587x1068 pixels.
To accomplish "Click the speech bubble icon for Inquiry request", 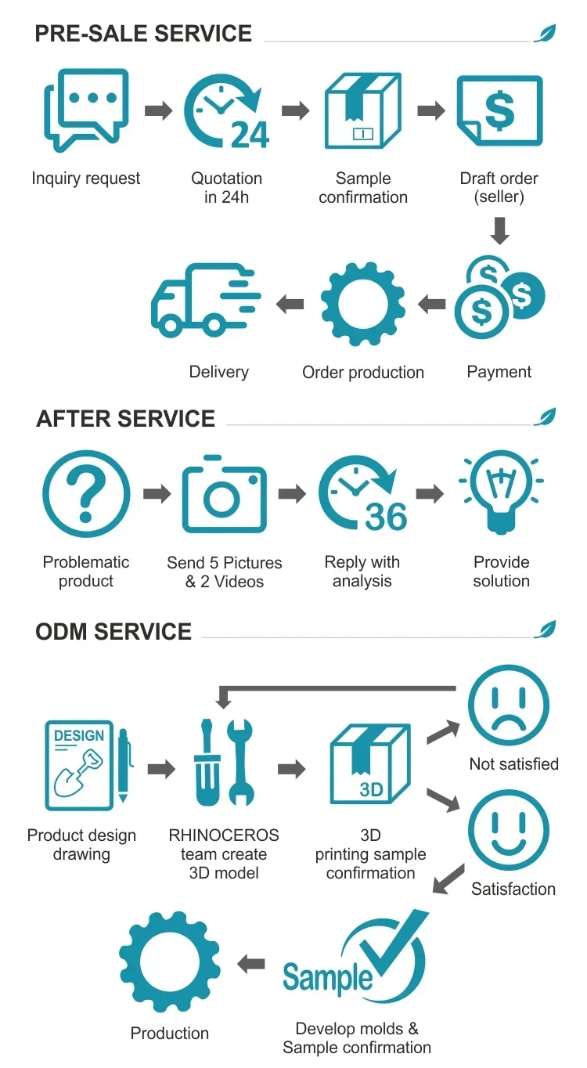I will [85, 110].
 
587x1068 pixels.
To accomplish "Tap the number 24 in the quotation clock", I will [250, 134].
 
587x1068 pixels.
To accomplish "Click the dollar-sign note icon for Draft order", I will [499, 111].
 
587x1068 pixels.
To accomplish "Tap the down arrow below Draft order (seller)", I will [500, 230].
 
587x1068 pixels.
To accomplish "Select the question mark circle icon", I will [86, 493].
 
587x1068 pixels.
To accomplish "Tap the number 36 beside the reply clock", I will [387, 516].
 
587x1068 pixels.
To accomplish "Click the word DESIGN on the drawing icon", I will [79, 736].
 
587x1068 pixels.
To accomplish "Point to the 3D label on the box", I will [371, 789].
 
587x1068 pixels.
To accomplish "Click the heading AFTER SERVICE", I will [125, 419].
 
